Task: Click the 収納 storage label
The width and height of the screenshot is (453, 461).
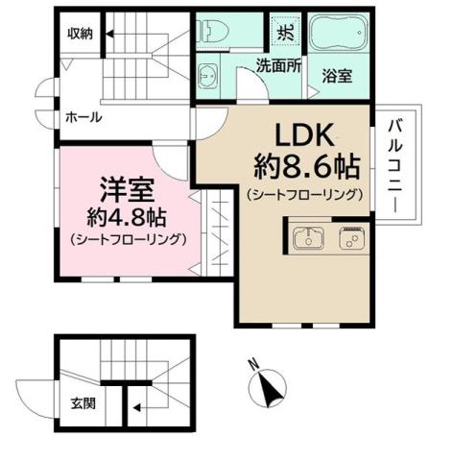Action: pyautogui.click(x=79, y=34)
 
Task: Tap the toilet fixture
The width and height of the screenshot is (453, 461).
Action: pyautogui.click(x=210, y=31)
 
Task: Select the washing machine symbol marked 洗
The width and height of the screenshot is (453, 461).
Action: pyautogui.click(x=285, y=30)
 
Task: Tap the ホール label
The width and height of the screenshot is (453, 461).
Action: pyautogui.click(x=84, y=117)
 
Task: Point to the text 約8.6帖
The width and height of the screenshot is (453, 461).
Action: pyautogui.click(x=306, y=167)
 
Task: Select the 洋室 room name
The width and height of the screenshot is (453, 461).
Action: pyautogui.click(x=113, y=186)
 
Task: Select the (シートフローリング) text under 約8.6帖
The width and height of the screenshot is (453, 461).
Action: pyautogui.click(x=306, y=195)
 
